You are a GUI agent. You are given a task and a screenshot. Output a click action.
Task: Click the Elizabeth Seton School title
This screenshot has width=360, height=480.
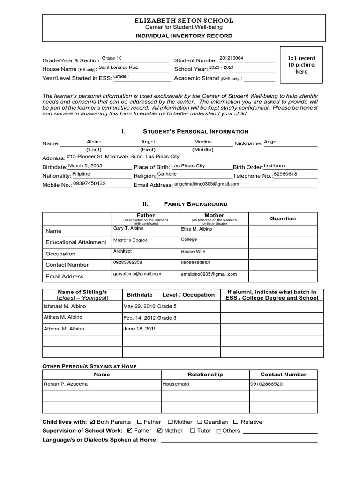tap(184, 21)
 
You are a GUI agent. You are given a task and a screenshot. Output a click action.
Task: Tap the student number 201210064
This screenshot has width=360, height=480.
tap(231, 58)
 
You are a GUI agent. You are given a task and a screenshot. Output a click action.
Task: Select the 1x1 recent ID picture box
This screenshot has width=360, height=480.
tap(301, 65)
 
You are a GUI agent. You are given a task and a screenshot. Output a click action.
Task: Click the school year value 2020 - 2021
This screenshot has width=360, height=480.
tap(221, 67)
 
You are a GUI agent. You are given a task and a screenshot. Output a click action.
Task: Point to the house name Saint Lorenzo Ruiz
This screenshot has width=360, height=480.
tap(118, 67)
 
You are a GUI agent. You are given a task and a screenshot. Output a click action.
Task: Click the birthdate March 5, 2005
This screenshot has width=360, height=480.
tap(85, 166)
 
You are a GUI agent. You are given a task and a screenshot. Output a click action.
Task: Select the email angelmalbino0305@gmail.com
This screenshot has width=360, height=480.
tap(206, 184)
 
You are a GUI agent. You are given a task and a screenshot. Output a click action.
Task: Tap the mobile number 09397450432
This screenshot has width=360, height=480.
tap(89, 184)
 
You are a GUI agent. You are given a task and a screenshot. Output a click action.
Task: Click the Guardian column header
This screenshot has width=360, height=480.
tap(283, 218)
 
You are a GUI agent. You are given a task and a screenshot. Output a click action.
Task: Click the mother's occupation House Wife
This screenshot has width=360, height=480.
tap(193, 252)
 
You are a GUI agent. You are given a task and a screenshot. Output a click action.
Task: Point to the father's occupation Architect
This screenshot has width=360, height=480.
tap(123, 251)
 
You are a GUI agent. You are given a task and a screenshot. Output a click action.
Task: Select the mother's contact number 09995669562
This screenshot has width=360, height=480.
tap(195, 263)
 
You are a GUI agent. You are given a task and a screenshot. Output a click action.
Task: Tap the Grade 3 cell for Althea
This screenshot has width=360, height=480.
tap(167, 318)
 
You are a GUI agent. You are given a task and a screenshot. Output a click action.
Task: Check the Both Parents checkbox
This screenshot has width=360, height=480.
tap(92, 422)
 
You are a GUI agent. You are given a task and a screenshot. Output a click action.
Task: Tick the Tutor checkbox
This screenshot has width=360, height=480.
tap(193, 431)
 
